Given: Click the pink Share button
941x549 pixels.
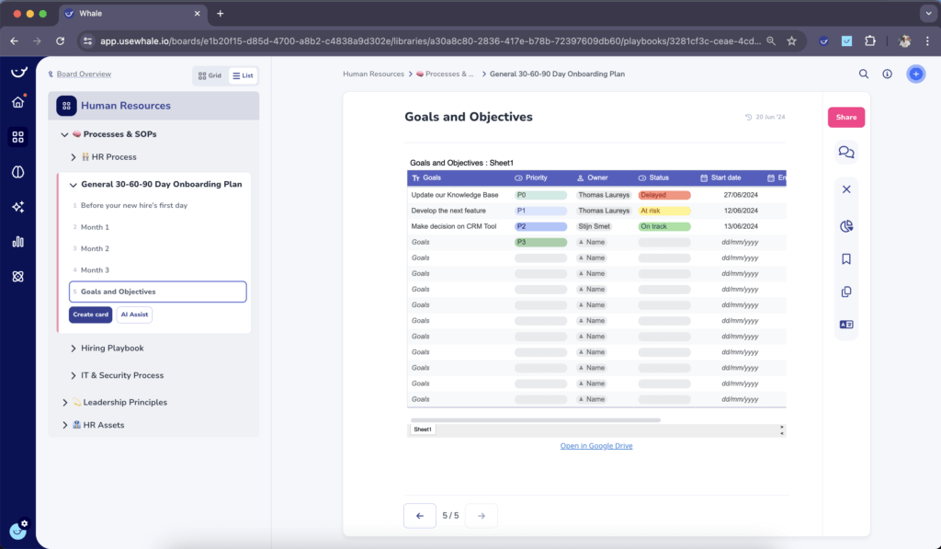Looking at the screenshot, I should [845, 117].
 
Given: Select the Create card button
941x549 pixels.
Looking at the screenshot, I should [90, 315].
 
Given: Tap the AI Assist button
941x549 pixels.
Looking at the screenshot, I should [134, 315].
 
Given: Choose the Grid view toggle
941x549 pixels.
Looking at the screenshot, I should [210, 75].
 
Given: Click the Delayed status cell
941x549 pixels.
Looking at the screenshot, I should [663, 195].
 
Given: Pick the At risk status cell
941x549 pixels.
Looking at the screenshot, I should [663, 211].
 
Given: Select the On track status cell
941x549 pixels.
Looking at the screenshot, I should [663, 226].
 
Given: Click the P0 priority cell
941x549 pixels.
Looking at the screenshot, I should [540, 195].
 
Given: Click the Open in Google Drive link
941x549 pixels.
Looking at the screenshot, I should [596, 446].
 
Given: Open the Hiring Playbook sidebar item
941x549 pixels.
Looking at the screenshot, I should [112, 349].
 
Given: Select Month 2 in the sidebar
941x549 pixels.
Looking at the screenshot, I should [95, 248].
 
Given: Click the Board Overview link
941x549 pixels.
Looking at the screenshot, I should [84, 74].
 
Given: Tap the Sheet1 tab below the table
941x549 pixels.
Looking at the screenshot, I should [423, 429].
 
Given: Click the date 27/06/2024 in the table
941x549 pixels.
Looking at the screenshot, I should [740, 195].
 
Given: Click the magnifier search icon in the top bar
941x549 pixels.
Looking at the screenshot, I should [864, 74].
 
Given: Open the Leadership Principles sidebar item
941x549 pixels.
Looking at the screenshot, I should [125, 403].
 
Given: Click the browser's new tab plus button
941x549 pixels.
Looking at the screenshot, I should [221, 14].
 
